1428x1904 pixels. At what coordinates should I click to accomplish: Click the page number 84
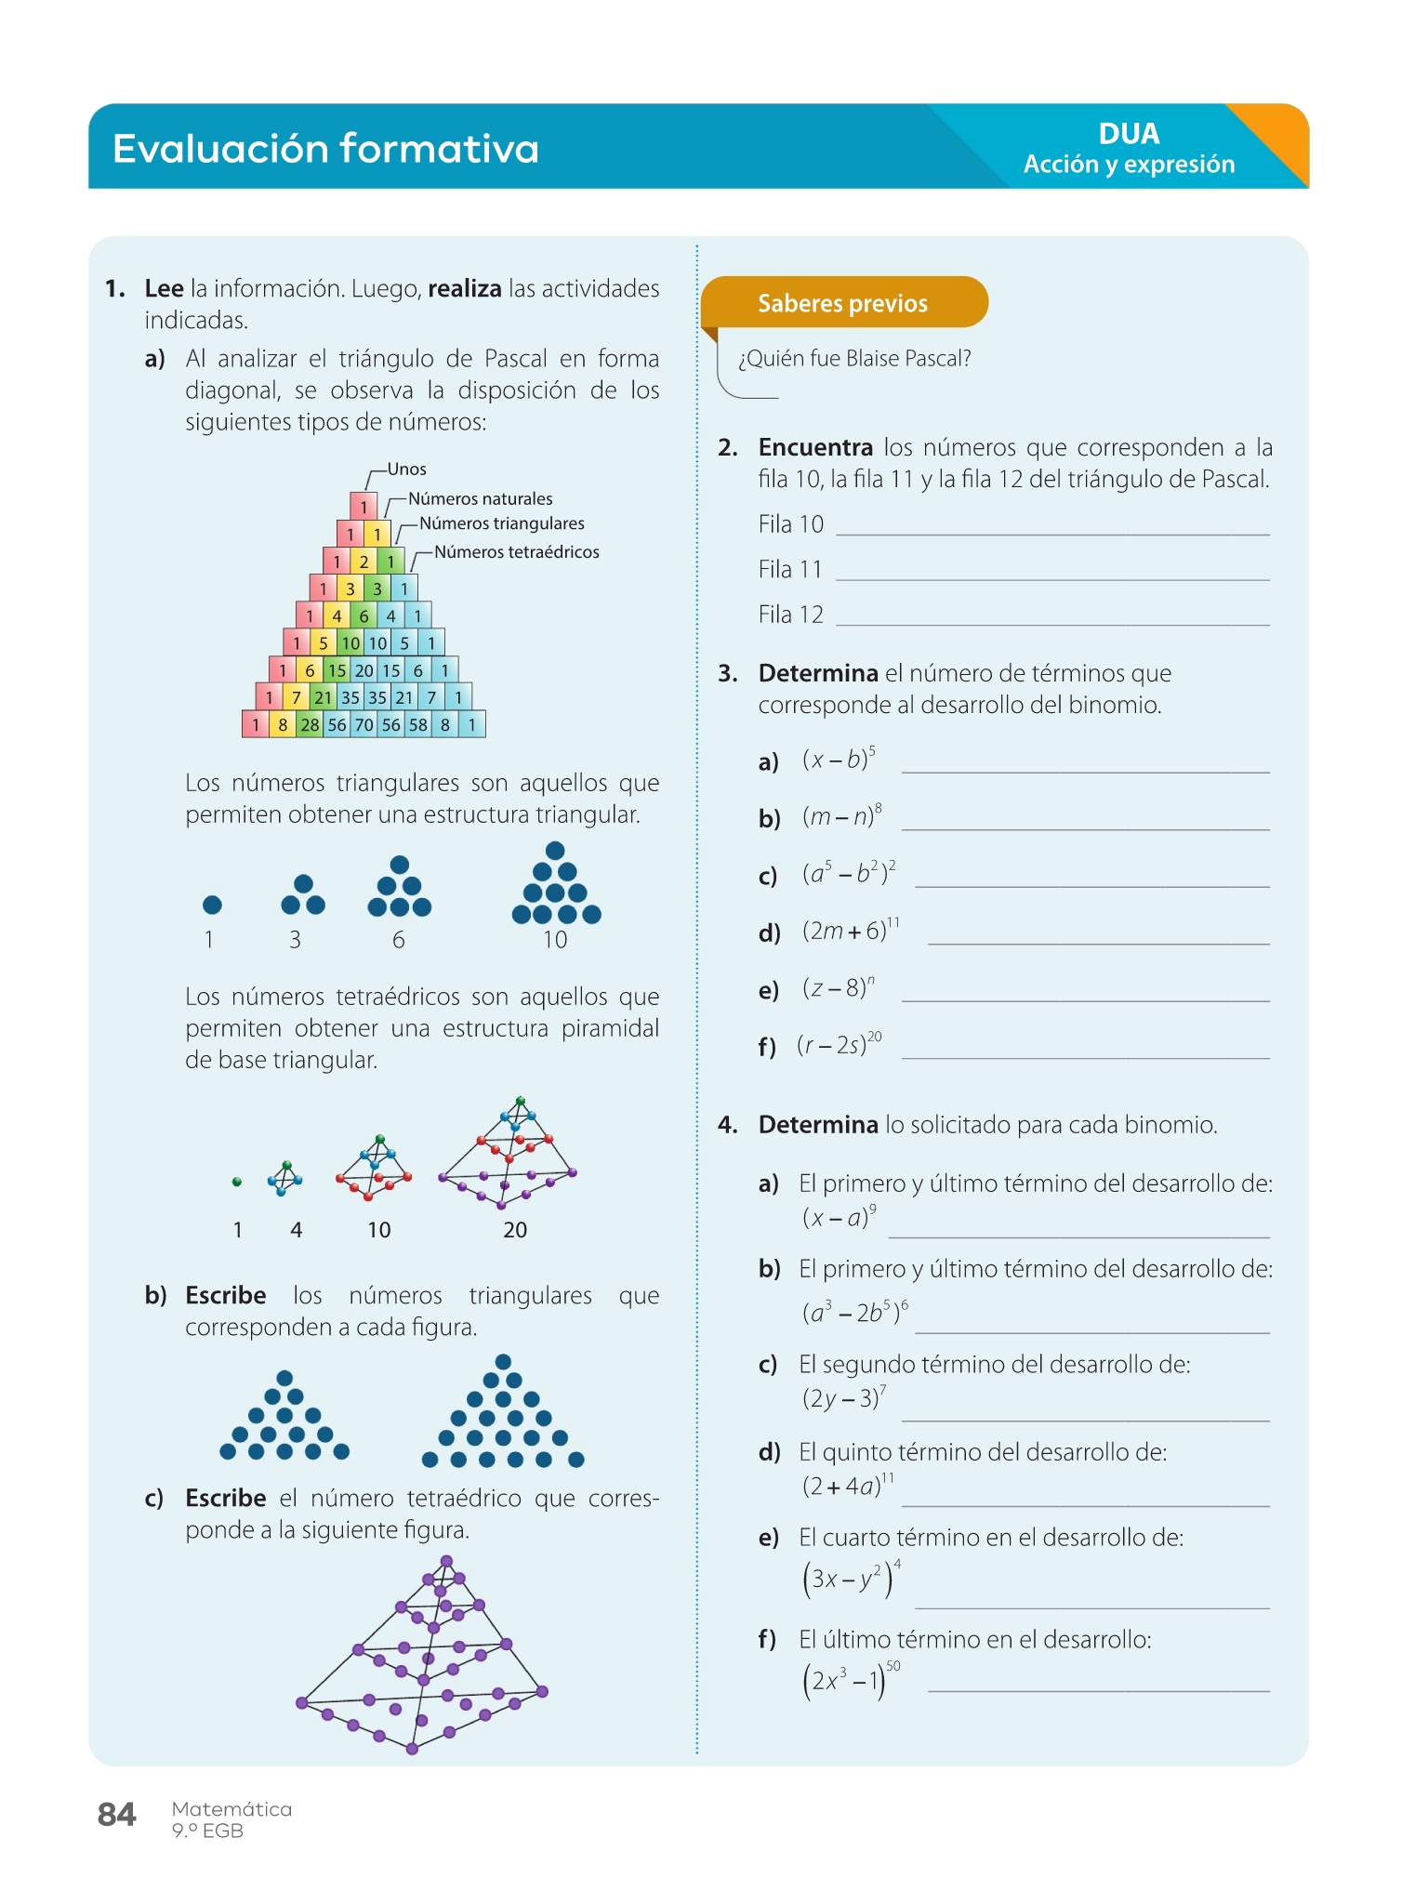click(x=116, y=1814)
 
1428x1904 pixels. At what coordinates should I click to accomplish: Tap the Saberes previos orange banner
click(x=842, y=303)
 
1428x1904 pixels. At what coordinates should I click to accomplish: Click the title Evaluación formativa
click(x=325, y=149)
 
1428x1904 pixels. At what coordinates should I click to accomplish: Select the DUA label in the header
click(x=1129, y=134)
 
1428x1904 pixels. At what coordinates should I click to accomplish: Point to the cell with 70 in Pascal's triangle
click(x=364, y=724)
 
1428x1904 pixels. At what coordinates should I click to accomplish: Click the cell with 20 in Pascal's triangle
click(x=364, y=670)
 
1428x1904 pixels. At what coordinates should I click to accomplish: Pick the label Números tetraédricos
click(x=516, y=552)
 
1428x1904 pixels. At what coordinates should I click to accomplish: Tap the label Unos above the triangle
click(x=406, y=469)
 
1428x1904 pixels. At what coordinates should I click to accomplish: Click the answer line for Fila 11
click(x=1052, y=571)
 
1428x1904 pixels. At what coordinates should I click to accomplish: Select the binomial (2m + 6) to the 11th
click(x=851, y=930)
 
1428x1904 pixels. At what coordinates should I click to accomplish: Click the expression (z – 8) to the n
click(x=838, y=987)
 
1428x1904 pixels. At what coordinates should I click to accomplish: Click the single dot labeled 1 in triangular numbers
click(x=212, y=905)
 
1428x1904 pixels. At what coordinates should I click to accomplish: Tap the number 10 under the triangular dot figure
click(x=555, y=940)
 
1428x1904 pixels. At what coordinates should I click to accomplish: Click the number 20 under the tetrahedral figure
click(x=515, y=1230)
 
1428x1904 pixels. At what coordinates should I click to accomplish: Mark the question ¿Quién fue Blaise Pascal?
click(x=854, y=359)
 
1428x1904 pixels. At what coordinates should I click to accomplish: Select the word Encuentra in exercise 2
click(x=815, y=448)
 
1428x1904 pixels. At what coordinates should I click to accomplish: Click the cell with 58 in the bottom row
click(x=418, y=724)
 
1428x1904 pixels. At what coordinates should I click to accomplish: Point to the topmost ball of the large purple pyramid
click(x=447, y=1561)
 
